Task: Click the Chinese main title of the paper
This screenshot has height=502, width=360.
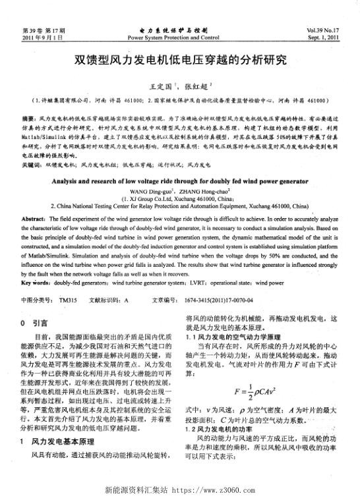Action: point(179,61)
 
